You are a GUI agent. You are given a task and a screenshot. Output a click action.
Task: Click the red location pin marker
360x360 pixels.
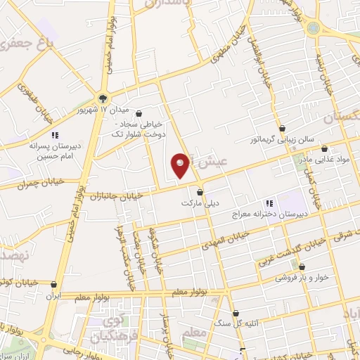pos(181,165)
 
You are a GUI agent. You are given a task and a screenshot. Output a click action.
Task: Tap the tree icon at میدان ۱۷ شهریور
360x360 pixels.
pos(103,98)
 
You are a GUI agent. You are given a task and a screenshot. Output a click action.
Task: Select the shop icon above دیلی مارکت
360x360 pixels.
pos(200,191)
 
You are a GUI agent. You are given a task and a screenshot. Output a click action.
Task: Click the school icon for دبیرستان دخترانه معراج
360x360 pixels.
pos(270,203)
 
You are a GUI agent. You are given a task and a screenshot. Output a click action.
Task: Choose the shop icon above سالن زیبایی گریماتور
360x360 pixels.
pos(282,128)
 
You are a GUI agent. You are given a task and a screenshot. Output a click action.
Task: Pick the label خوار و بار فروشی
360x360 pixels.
pos(301,278)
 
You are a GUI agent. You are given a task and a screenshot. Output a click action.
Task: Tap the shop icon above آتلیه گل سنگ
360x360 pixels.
pos(235,314)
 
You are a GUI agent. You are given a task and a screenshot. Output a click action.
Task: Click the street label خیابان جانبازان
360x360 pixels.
pos(119,193)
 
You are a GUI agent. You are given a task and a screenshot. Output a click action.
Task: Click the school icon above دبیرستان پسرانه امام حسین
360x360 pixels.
pos(55,134)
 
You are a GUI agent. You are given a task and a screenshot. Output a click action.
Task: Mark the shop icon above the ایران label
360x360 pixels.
pos(55,285)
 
